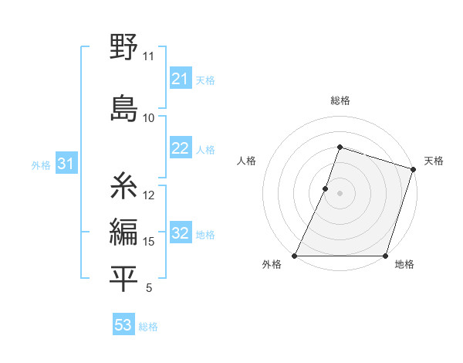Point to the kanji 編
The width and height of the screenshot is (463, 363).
123,231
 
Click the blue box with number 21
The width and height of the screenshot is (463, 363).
181,79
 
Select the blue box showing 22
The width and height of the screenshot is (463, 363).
181,149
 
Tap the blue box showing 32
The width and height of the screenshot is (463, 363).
181,234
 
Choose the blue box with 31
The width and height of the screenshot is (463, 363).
66,164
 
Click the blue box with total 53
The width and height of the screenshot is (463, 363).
123,325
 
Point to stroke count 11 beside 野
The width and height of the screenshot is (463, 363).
148,56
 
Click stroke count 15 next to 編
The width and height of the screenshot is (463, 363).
149,242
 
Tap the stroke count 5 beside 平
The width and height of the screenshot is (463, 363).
148,289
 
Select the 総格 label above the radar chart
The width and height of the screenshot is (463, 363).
340,100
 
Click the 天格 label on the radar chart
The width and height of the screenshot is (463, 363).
434,161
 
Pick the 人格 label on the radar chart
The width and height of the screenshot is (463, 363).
246,161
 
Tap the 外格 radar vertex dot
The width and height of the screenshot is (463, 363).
295,256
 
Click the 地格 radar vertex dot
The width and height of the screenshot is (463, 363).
384,256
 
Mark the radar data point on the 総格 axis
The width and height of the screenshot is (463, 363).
340,147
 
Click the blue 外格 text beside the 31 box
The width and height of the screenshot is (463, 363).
41,165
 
